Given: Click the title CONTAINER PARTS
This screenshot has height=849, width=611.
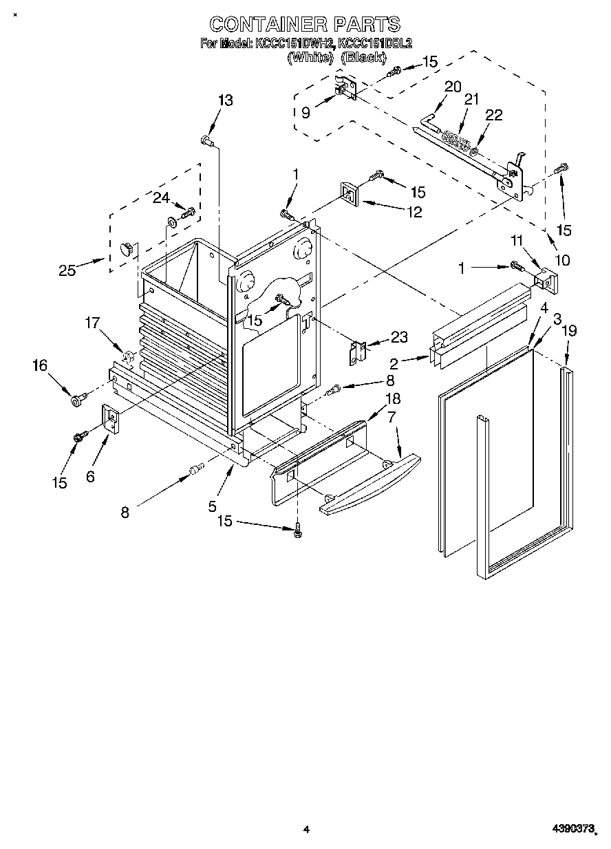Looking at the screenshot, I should coord(305,25).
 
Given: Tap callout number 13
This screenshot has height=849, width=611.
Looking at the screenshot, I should coord(225,100).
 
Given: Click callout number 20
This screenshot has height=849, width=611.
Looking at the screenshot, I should coord(452,87).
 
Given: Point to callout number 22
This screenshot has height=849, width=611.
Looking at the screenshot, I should coord(494,115).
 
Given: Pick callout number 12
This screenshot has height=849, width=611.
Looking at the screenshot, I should coord(413,213).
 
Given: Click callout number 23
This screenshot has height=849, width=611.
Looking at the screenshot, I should coord(398,337).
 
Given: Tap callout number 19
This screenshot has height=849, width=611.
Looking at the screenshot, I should coord(568,332).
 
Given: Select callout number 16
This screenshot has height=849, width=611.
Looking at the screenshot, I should coord(39,365).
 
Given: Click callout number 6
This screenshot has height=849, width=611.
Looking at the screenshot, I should coord(91,476).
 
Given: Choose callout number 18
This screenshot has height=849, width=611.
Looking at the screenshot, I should coord(393,398).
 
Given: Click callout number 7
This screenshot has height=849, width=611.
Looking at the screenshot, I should coord(392,417).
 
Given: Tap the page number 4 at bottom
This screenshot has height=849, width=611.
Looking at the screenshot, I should coord(307,830).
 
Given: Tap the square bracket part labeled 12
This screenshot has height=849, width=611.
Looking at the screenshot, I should coord(348,195).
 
